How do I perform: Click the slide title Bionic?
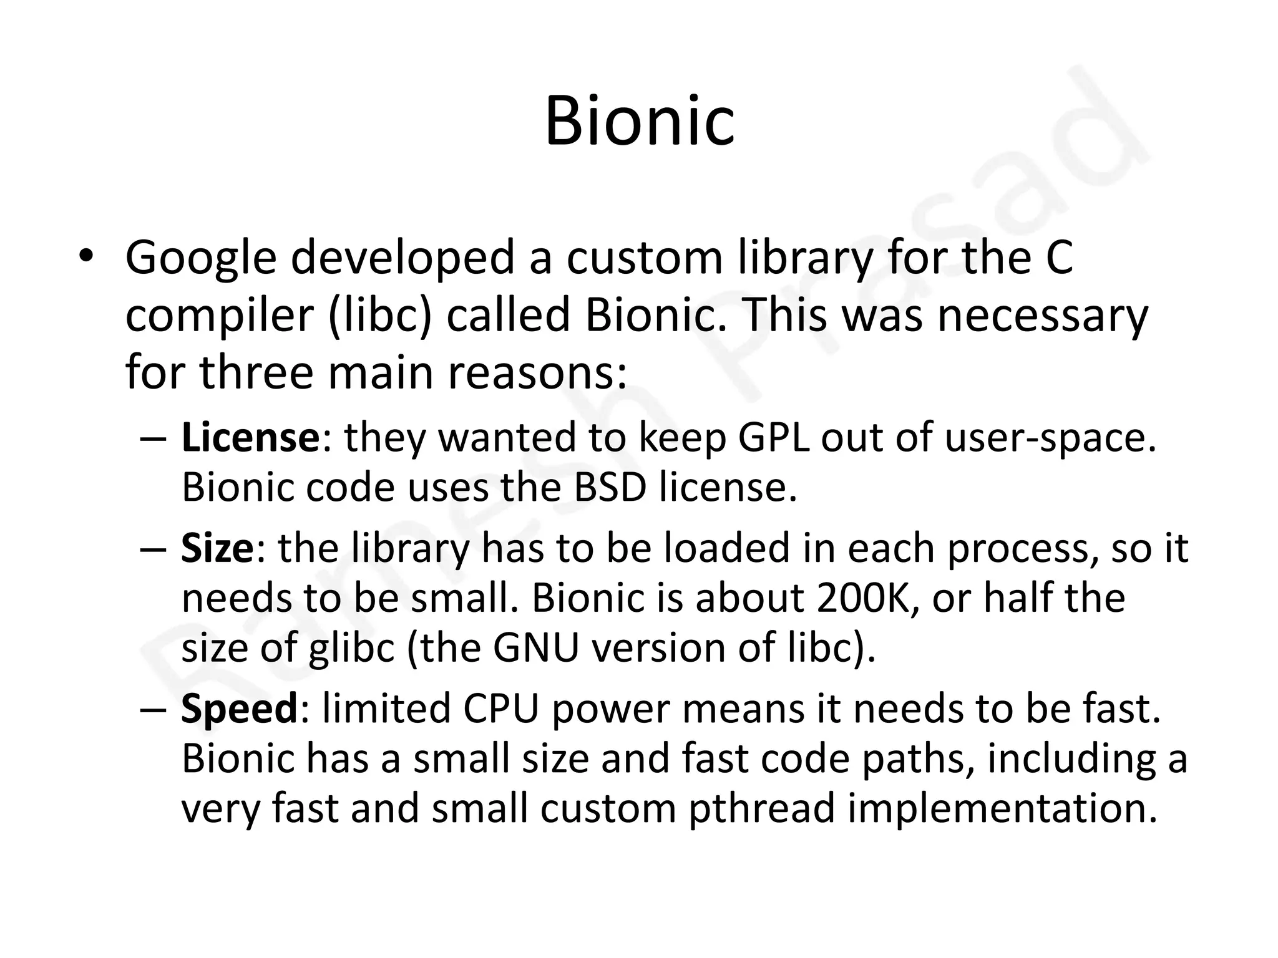(x=639, y=121)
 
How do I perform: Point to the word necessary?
(x=1043, y=314)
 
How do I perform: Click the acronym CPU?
(x=500, y=710)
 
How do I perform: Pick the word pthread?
(x=762, y=809)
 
